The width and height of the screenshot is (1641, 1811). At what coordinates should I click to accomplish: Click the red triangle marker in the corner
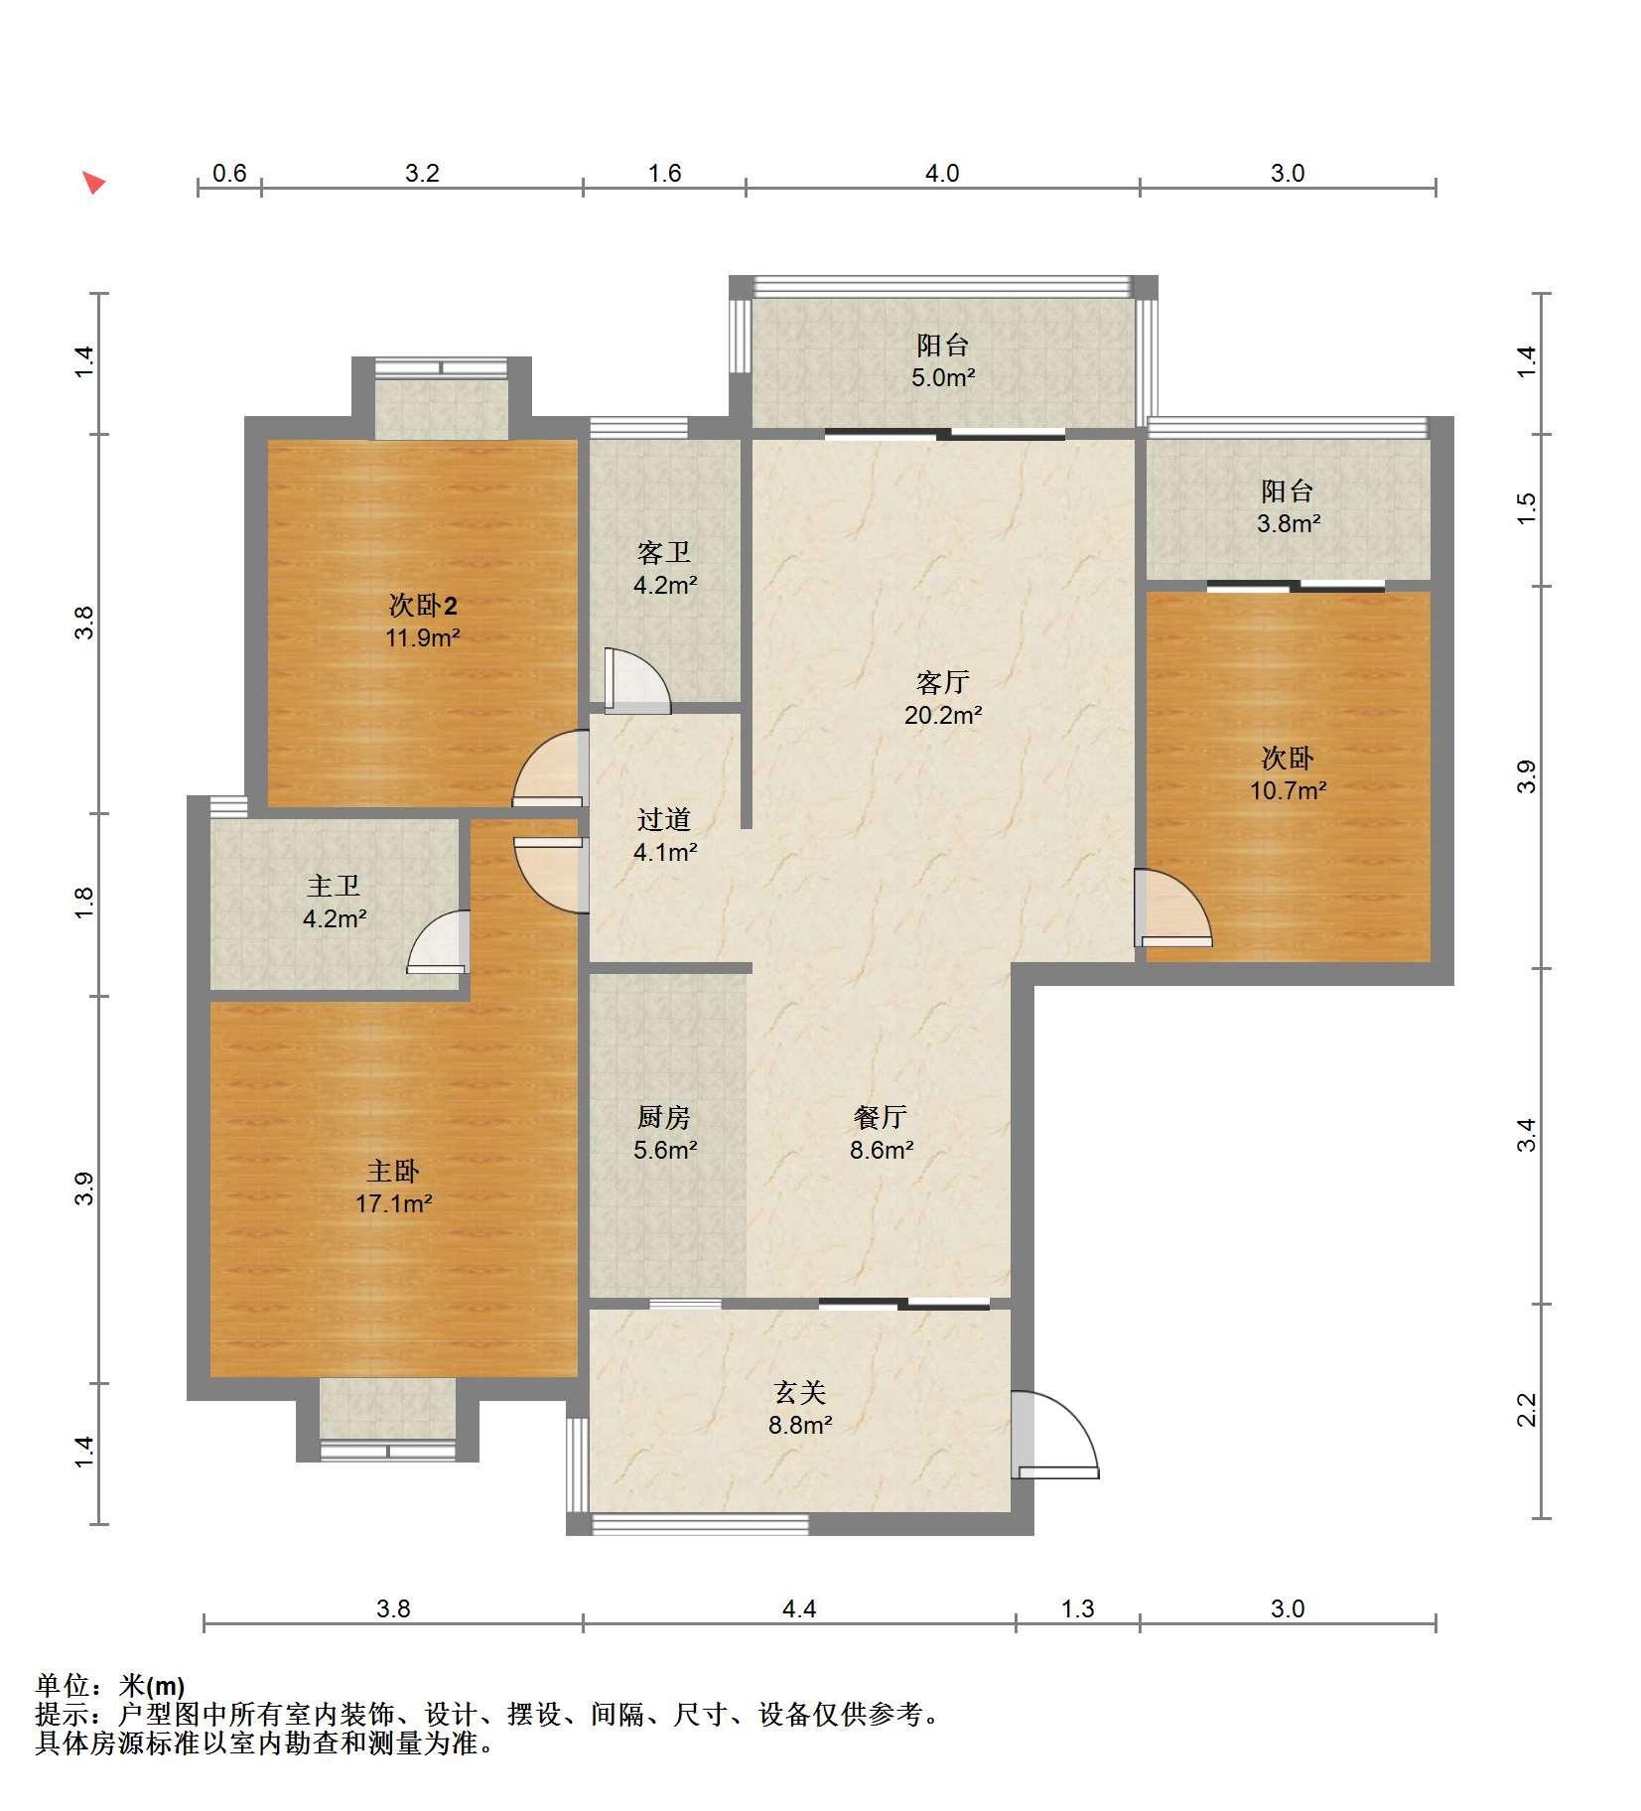click(x=93, y=183)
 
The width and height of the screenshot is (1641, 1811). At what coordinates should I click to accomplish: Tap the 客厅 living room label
click(x=942, y=682)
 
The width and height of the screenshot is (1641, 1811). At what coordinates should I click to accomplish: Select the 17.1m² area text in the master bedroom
click(x=394, y=1204)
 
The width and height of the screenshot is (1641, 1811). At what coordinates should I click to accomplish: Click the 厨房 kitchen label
click(x=663, y=1117)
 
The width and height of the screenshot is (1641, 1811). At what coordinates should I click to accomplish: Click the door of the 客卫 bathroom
click(x=636, y=681)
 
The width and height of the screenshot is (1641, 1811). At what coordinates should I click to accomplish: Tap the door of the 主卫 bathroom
click(x=438, y=942)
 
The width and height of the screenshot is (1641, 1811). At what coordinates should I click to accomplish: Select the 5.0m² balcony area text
click(x=943, y=378)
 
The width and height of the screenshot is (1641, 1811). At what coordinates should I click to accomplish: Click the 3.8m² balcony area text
click(x=1289, y=523)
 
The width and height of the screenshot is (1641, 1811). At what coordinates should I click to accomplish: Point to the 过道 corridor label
click(x=663, y=819)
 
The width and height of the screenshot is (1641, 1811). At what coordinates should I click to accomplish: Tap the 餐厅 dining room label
click(x=880, y=1117)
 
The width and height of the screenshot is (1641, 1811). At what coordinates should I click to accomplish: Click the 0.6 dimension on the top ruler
click(x=229, y=173)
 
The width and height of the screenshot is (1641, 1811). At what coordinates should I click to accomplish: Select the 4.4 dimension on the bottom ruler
click(x=799, y=1608)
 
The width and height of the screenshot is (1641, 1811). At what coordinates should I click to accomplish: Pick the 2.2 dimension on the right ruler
click(x=1526, y=1410)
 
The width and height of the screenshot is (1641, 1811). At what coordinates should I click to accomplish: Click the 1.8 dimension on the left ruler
click(x=85, y=903)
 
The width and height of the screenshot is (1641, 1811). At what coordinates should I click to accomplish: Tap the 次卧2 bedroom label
click(x=423, y=605)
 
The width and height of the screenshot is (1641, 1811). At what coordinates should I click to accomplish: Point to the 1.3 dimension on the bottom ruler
click(x=1077, y=1608)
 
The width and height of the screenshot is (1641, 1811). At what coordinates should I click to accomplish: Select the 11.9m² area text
click(x=423, y=637)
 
